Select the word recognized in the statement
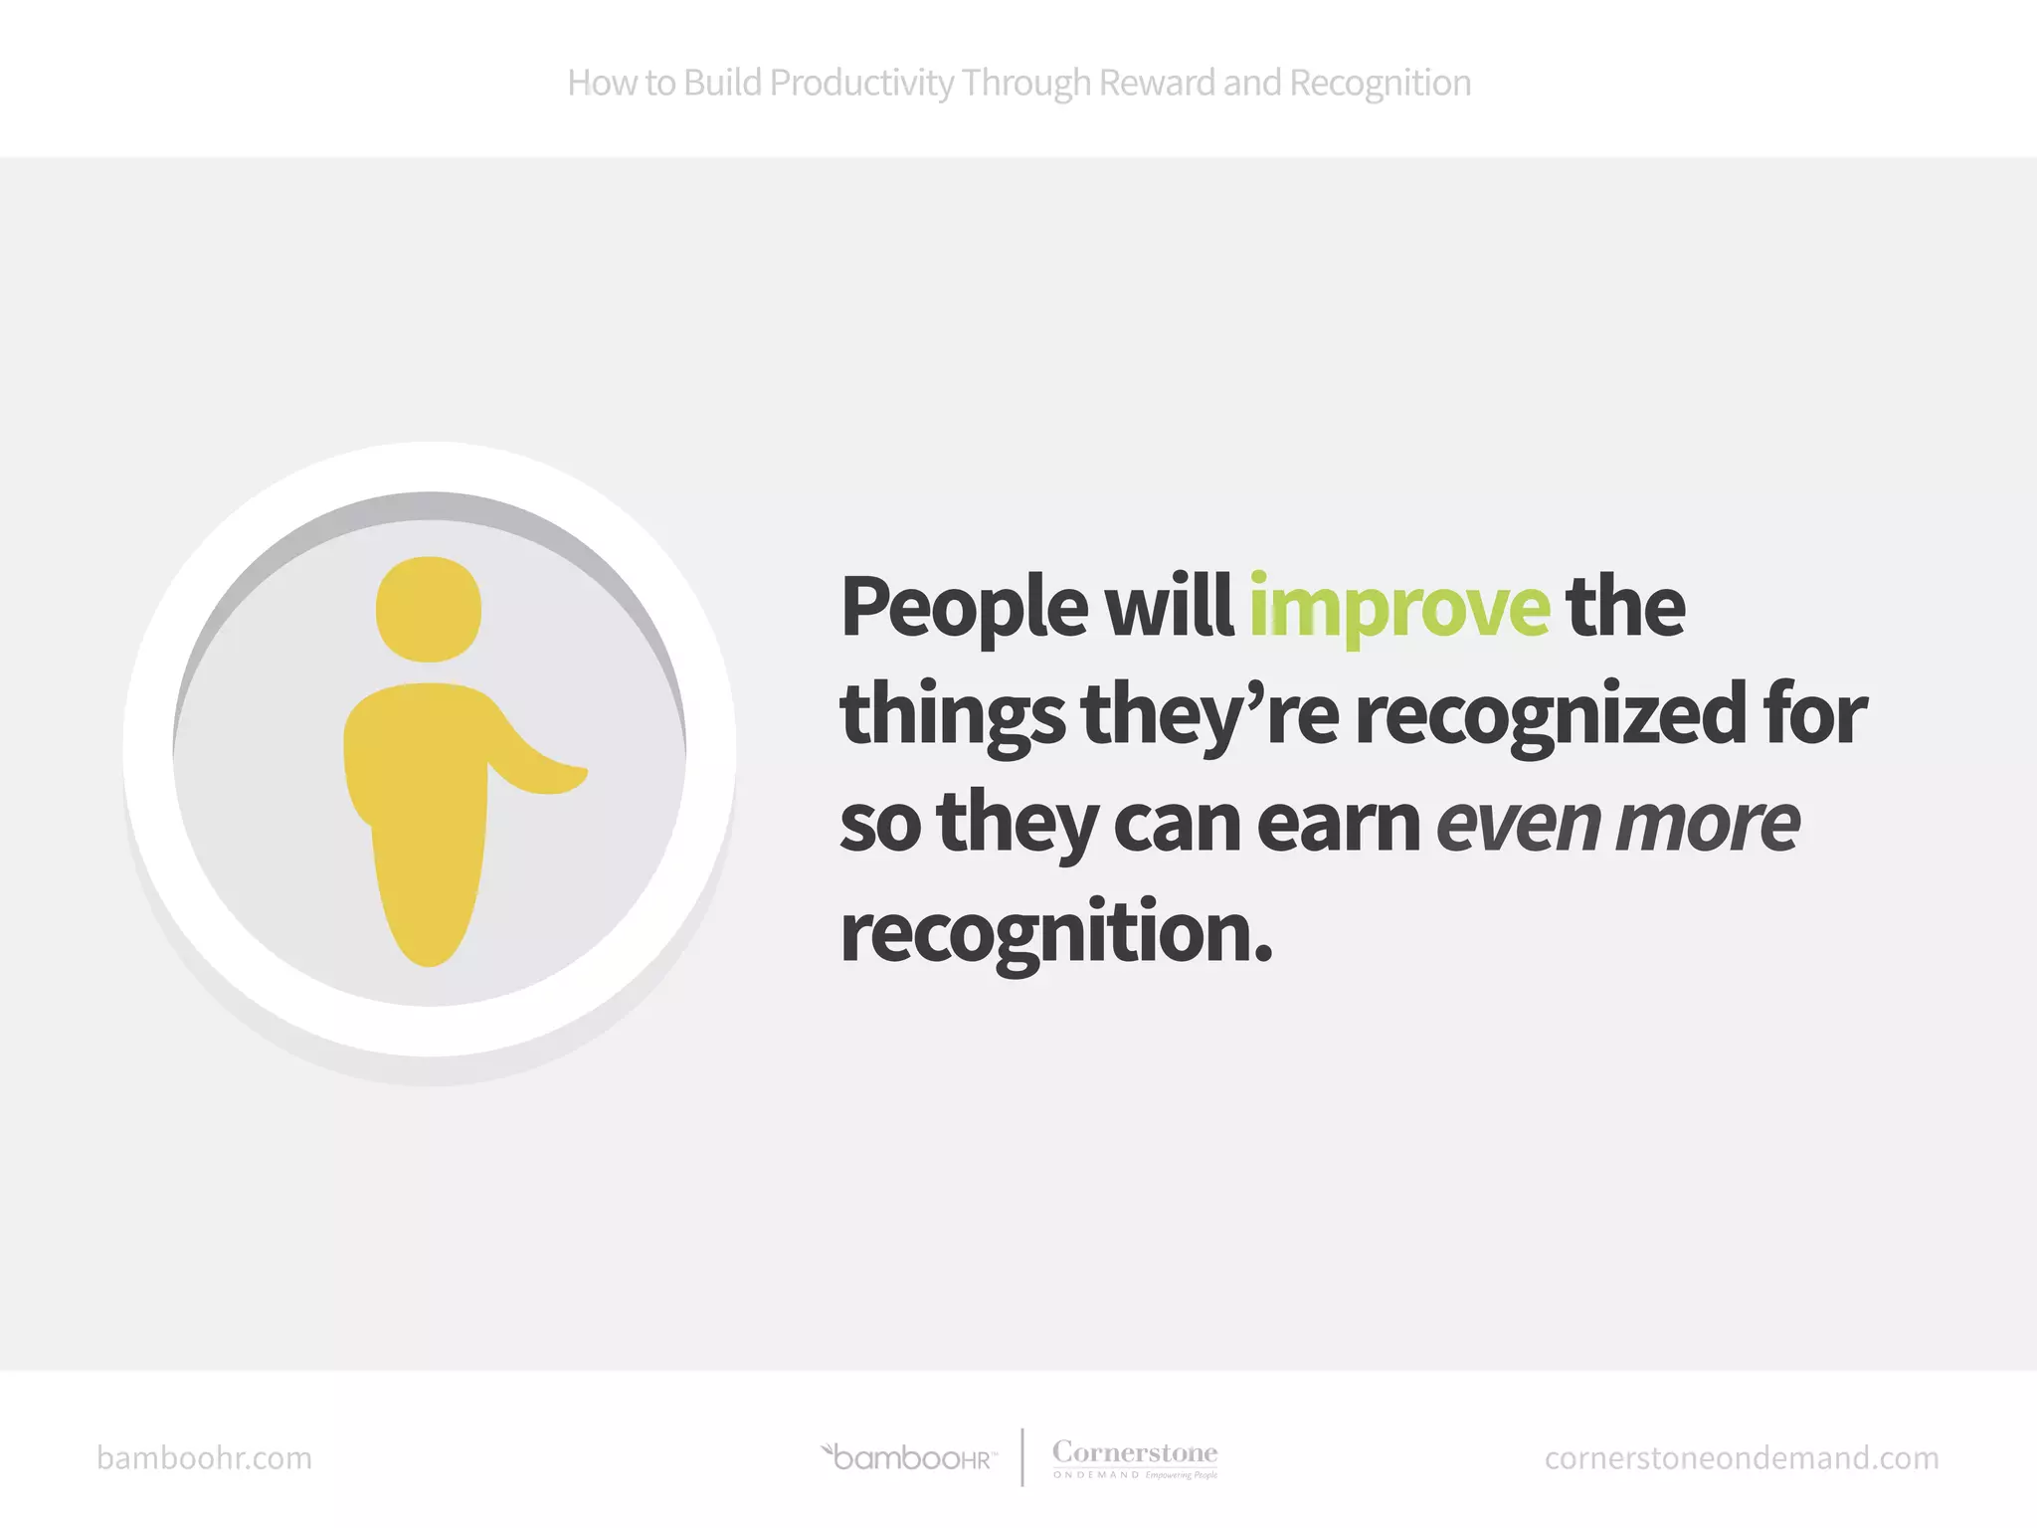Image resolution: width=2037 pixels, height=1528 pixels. [1551, 714]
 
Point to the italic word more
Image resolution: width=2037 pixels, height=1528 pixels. [1708, 824]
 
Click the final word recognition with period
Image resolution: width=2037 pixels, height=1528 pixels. [1055, 933]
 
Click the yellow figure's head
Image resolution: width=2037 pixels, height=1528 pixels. [429, 609]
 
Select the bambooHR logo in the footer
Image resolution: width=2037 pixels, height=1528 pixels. [908, 1458]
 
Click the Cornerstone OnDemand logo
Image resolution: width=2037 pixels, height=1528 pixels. [1135, 1458]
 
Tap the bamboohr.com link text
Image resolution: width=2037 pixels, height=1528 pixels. [204, 1458]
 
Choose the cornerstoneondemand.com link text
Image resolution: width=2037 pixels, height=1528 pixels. [1742, 1458]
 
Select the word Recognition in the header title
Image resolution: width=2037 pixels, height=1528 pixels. [1380, 84]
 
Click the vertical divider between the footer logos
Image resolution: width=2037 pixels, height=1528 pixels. [1022, 1457]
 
